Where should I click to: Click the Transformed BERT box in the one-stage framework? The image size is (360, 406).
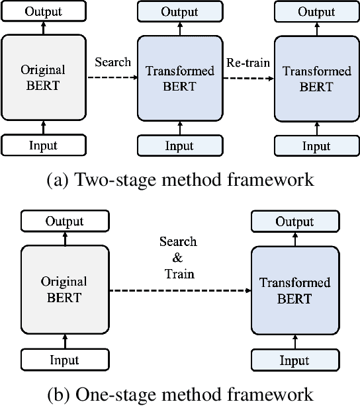(x=294, y=290)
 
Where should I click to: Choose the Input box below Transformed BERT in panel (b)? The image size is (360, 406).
(x=294, y=360)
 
